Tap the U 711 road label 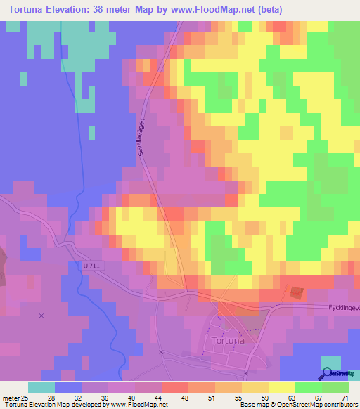click(x=82, y=266)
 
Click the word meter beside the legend click(x=11, y=397)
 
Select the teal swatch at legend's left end click(x=41, y=387)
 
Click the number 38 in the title click(x=120, y=9)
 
